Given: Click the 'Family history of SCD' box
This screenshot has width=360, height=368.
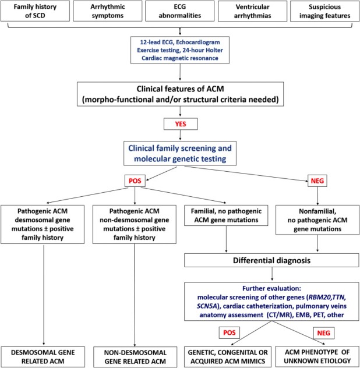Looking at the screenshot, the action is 35,11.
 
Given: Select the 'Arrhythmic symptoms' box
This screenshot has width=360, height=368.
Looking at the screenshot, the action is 108,11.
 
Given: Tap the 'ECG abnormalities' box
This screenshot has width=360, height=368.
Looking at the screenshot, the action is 179,11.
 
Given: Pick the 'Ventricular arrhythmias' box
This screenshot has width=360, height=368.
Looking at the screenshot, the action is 252,11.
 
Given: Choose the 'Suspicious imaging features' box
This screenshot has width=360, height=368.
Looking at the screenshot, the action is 325,11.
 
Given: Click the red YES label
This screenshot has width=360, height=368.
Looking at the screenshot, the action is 181,124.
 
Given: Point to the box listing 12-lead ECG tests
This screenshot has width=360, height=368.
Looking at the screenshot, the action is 180,50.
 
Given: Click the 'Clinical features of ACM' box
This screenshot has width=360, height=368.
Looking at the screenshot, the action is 181,94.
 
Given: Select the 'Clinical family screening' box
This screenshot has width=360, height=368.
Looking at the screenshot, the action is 180,154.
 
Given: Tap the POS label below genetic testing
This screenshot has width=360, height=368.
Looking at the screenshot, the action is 135,181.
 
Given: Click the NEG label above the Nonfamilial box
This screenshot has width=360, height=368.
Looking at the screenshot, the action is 317,181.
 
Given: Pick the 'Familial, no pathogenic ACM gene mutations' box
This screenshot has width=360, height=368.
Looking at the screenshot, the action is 226,215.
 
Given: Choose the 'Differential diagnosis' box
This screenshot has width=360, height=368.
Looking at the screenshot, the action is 271,260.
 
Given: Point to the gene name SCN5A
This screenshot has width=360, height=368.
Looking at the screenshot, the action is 207,306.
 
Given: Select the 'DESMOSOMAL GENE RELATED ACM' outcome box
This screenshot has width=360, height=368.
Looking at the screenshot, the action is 43,357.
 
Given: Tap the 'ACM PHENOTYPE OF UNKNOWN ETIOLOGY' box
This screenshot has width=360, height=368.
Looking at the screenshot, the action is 317,356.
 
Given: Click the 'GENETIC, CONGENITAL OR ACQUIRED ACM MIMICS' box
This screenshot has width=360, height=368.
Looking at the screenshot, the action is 228,357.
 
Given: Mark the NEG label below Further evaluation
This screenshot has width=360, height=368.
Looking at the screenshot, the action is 324,333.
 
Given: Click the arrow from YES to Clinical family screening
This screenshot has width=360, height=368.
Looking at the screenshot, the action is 181,135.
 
